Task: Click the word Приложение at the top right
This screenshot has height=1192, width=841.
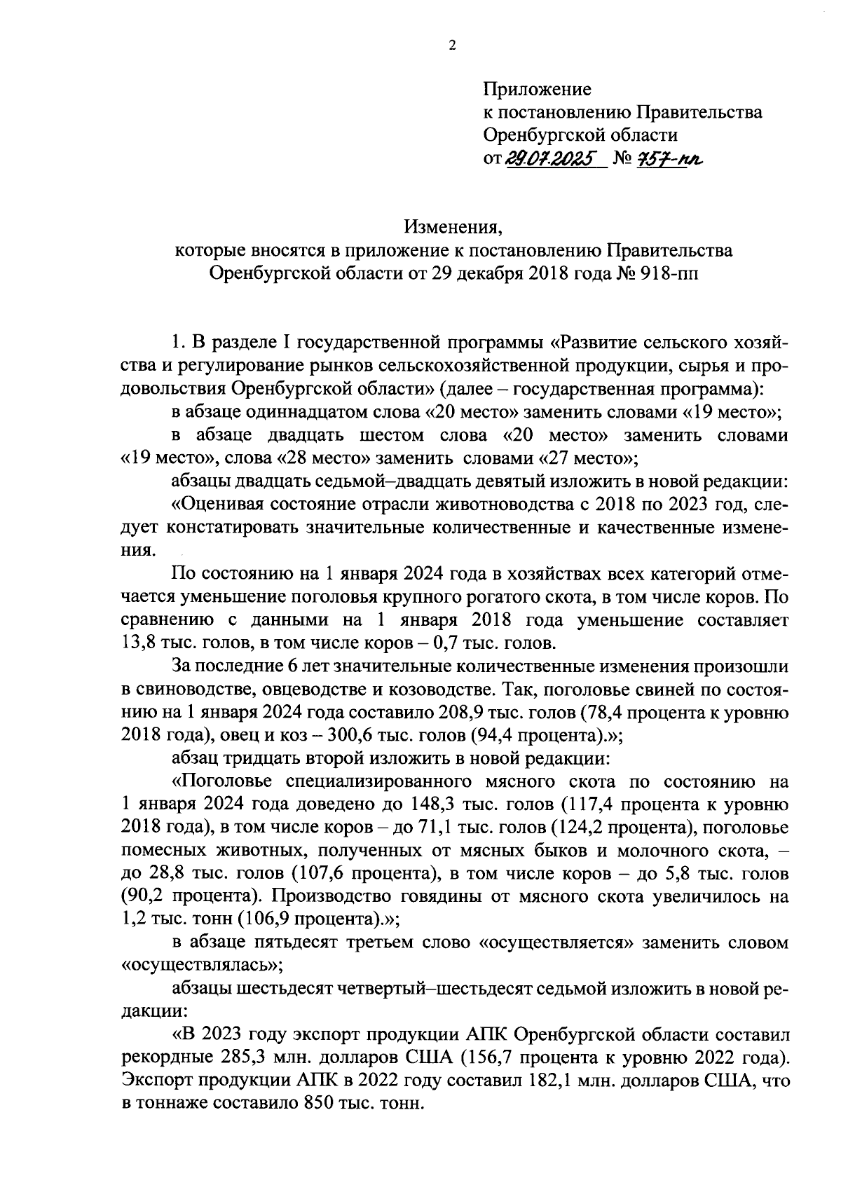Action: tap(537, 90)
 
